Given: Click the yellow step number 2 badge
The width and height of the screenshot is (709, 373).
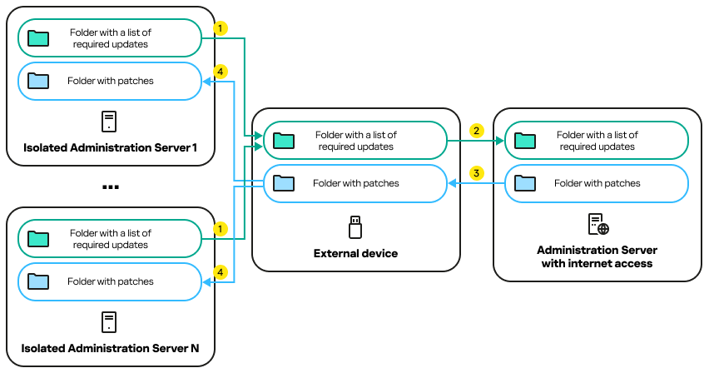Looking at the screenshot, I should (x=476, y=131).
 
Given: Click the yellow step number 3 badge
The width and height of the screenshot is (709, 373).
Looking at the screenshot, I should (x=476, y=173).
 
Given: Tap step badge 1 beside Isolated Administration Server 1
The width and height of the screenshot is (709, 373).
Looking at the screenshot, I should (x=220, y=28).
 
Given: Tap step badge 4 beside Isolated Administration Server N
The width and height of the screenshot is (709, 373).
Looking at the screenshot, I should (x=220, y=272).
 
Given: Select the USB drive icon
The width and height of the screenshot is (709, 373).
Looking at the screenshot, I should (x=355, y=226).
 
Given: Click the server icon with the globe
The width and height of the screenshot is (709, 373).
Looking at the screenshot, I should (x=597, y=224).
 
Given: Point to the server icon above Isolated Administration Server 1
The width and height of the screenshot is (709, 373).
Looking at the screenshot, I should (x=109, y=122).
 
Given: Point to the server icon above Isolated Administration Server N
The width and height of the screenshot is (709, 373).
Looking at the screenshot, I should (x=109, y=322).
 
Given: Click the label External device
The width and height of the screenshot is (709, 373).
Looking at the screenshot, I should (x=355, y=253).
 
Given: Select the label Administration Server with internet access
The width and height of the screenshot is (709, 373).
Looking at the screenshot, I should (x=597, y=256).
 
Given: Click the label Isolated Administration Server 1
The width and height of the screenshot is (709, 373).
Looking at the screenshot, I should (x=110, y=148).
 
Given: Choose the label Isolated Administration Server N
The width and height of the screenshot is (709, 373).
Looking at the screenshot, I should (x=110, y=348).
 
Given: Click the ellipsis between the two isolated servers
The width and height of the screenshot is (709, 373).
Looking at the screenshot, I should (x=110, y=187).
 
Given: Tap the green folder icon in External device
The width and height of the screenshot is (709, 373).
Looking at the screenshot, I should (x=285, y=140).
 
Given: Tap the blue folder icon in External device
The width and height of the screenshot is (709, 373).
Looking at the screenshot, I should (x=285, y=183).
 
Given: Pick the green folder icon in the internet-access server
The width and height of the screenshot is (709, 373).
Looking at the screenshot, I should (x=526, y=140).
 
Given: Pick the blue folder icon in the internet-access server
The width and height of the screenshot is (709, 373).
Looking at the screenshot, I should (x=526, y=183).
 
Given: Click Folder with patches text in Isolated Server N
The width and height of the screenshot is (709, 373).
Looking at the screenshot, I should (x=111, y=281).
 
